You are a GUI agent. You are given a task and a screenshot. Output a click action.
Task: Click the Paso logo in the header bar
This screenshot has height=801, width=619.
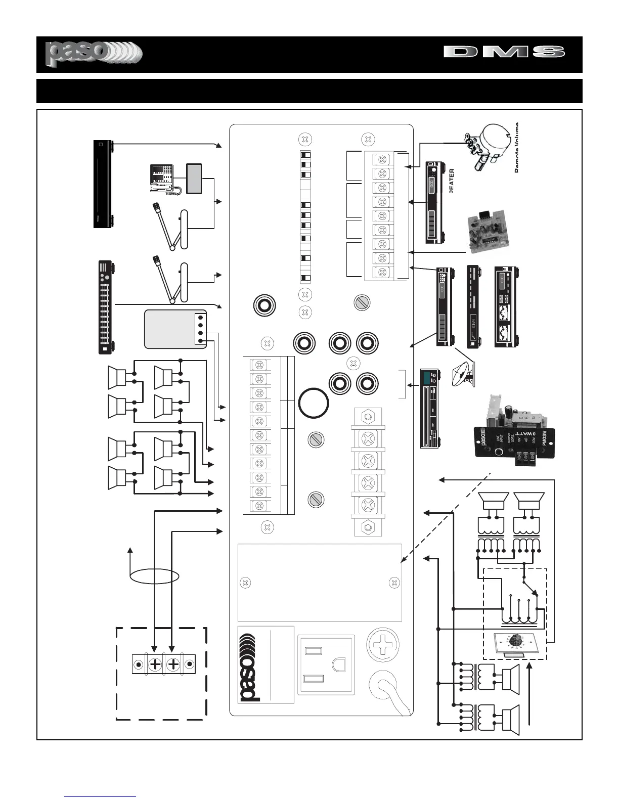94,54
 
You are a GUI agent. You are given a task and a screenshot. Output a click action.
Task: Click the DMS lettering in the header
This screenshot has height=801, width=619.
504,52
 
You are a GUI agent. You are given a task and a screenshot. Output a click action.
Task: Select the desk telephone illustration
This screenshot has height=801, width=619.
162,178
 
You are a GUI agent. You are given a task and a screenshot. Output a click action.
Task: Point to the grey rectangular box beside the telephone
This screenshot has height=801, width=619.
194,178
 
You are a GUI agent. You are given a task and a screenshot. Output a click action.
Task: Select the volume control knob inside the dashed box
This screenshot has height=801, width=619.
515,639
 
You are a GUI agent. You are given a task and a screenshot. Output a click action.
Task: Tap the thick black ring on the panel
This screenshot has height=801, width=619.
314,403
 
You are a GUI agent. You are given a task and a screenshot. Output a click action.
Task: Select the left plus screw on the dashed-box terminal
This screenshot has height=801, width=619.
155,664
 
